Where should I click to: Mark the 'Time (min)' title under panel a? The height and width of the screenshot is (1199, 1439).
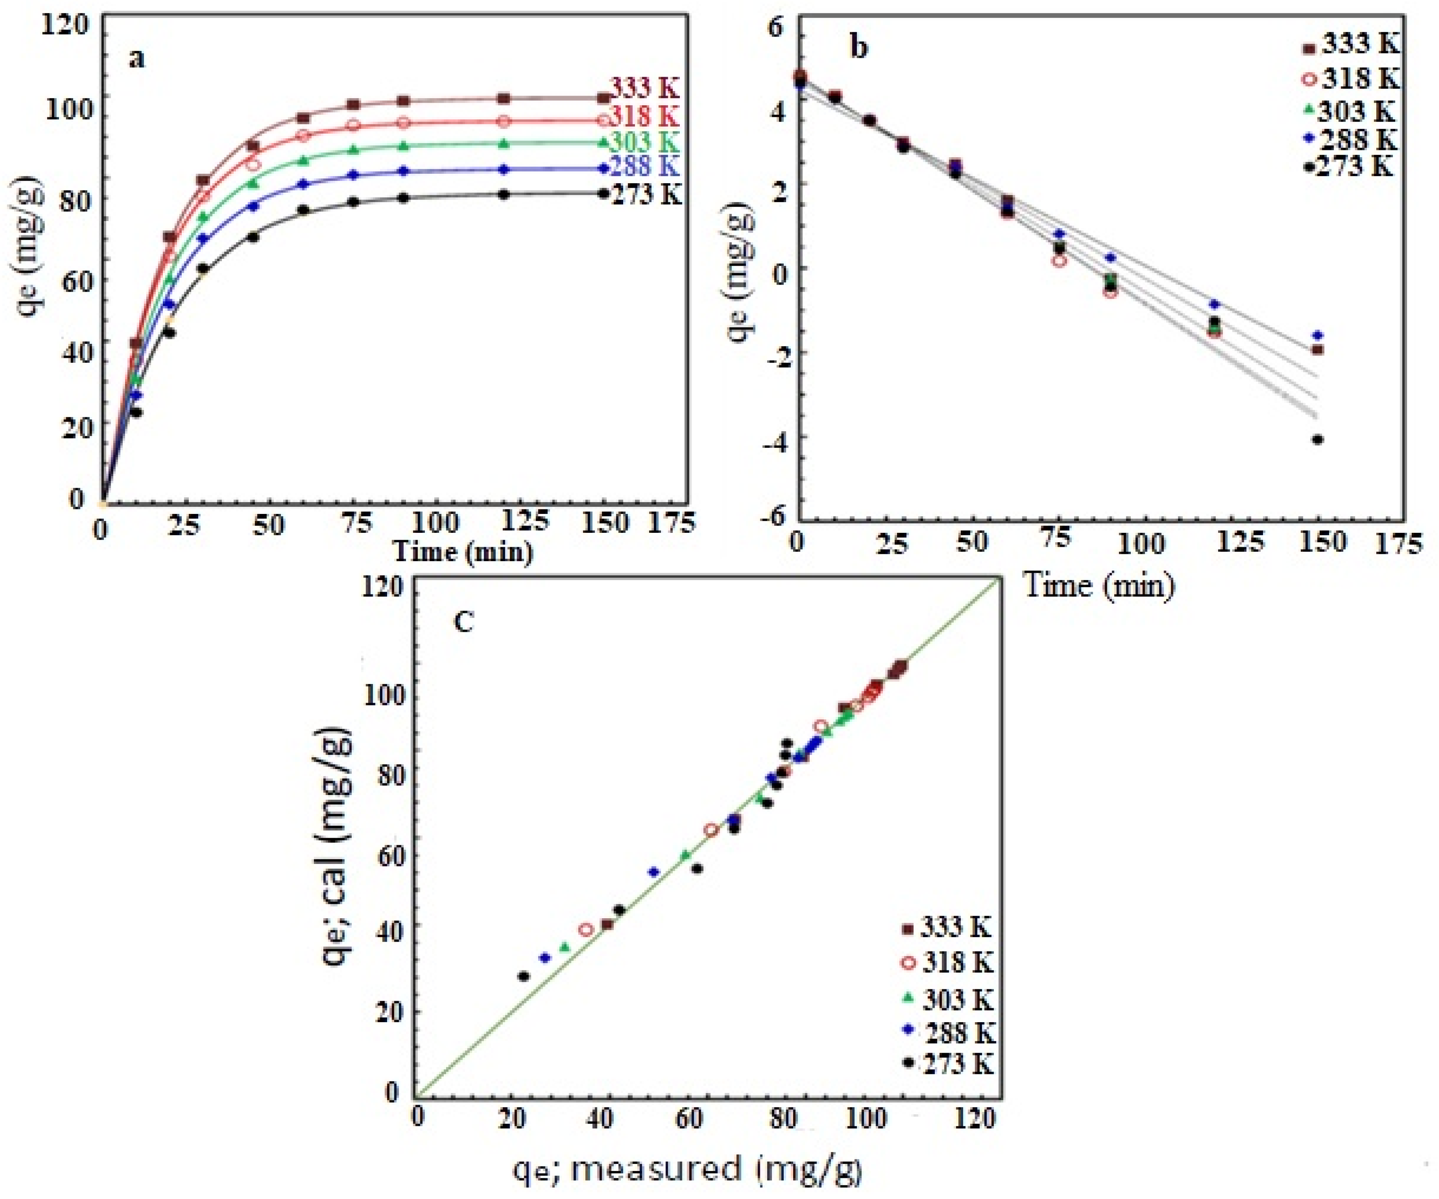click(x=463, y=551)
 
